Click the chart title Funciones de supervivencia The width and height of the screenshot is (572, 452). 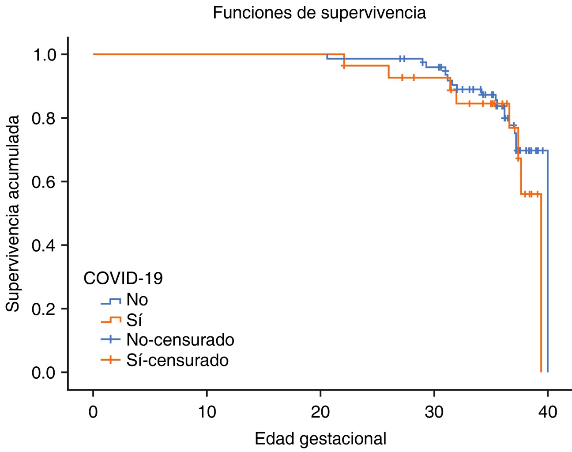pos(319,12)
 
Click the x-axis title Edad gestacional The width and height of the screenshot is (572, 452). pos(320,439)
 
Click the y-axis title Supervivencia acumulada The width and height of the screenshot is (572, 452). pos(13,213)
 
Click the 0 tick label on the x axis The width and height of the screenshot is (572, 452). pos(93,412)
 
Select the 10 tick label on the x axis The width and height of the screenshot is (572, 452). pos(207,412)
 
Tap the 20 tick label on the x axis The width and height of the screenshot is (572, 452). pos(320,412)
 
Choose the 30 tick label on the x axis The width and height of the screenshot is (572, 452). pos(434,412)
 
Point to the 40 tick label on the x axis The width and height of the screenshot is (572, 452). pos(548,412)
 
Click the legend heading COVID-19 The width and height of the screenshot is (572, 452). pos(123,278)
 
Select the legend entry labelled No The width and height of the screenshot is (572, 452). pos(137,300)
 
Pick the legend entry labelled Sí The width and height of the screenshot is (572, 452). pos(134,320)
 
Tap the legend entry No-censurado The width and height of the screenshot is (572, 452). pos(180,339)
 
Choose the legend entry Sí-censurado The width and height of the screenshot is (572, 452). pos(177,360)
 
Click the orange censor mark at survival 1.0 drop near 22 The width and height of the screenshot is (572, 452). pos(344,66)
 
